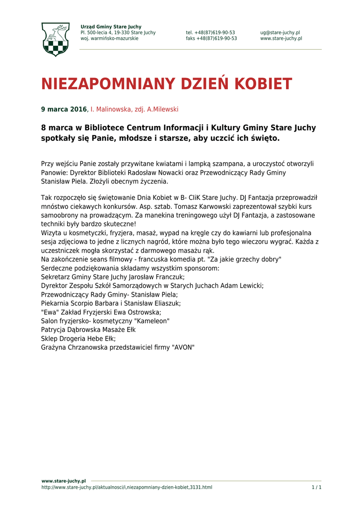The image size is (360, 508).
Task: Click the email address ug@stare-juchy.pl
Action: (280, 33)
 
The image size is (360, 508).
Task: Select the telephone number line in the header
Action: (211, 33)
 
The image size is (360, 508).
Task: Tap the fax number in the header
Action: (212, 39)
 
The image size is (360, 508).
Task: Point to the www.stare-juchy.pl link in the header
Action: (281, 39)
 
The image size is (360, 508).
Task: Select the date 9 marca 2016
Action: (64, 109)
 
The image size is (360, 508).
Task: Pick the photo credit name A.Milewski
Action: (162, 109)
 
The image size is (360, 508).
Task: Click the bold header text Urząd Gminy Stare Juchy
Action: (111, 27)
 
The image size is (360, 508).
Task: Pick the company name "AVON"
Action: (183, 348)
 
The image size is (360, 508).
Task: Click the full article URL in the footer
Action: (127, 488)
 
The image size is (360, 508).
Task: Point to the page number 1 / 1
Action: (316, 488)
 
